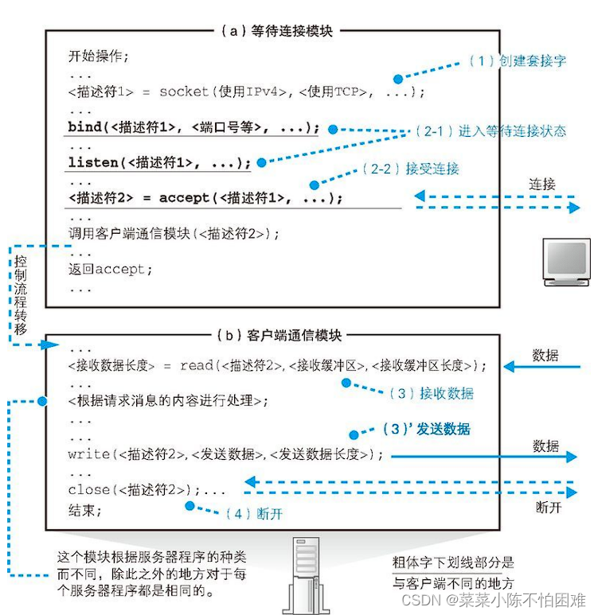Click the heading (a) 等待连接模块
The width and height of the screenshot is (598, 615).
click(275, 31)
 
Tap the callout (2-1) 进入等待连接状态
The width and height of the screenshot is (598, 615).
click(491, 130)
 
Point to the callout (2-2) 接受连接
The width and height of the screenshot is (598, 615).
click(410, 169)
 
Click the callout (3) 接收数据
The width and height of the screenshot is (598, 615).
click(428, 393)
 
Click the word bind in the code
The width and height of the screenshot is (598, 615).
click(85, 127)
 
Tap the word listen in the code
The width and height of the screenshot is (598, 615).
click(92, 162)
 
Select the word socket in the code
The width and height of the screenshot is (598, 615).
click(183, 91)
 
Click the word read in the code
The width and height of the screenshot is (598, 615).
click(196, 365)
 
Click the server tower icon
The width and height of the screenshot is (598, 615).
click(311, 575)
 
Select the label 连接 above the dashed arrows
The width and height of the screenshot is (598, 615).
click(543, 185)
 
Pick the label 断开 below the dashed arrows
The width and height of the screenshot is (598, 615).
click(549, 506)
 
